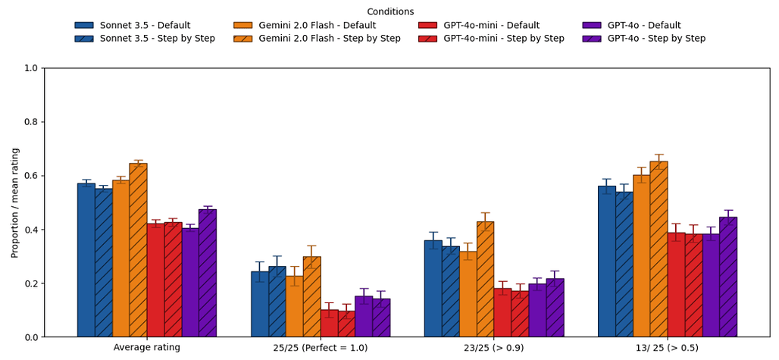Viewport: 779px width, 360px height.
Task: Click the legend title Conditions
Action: (389, 11)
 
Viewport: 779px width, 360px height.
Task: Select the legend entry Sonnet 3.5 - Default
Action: (145, 26)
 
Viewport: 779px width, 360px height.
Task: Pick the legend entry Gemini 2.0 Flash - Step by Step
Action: (329, 39)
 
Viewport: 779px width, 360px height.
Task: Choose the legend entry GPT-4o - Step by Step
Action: (656, 39)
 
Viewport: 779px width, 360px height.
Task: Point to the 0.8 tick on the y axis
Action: (44, 122)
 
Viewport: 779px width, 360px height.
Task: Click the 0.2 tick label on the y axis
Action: (30, 283)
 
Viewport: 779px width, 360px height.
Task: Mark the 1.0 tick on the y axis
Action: (44, 68)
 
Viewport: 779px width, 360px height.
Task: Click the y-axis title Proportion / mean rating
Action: (15, 202)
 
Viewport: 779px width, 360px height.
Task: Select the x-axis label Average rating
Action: (147, 348)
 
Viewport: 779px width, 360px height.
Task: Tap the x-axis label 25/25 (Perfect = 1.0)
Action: (321, 348)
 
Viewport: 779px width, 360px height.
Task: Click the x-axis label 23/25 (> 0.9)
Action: (494, 348)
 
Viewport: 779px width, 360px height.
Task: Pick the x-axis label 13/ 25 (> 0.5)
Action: (667, 348)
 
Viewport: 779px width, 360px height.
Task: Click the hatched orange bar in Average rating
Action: (138, 250)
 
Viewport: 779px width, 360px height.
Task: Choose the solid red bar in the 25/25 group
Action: (329, 324)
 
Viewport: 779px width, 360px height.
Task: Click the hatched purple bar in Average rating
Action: (208, 273)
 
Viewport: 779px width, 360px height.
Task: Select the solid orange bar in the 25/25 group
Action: (294, 306)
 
